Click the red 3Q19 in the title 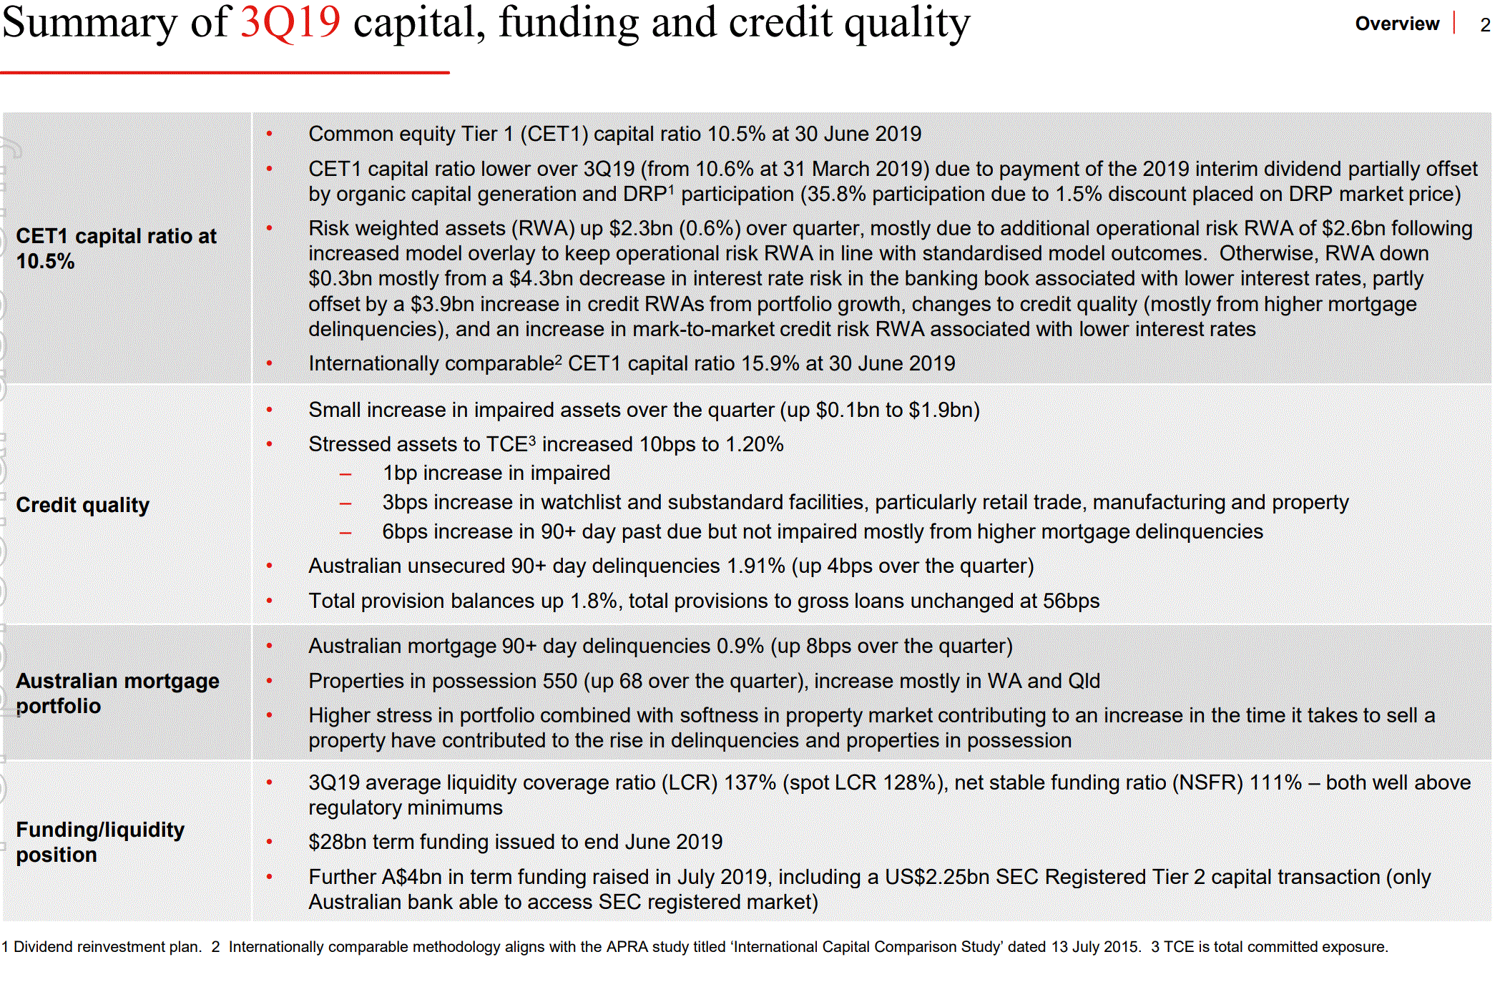pyautogui.click(x=290, y=21)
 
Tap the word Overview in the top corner pyautogui.click(x=1396, y=24)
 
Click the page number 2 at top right pyautogui.click(x=1486, y=24)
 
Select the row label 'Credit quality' pyautogui.click(x=83, y=505)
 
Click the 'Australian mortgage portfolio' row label pyautogui.click(x=117, y=693)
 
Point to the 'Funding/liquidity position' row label pyautogui.click(x=100, y=842)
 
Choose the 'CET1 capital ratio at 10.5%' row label pyautogui.click(x=116, y=248)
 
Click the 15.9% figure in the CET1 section pyautogui.click(x=770, y=363)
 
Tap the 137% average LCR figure pyautogui.click(x=750, y=782)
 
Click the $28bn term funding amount pyautogui.click(x=338, y=842)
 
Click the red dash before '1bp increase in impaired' pyautogui.click(x=345, y=473)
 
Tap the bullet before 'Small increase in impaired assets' pyautogui.click(x=270, y=410)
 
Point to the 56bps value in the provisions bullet pyautogui.click(x=1071, y=601)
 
